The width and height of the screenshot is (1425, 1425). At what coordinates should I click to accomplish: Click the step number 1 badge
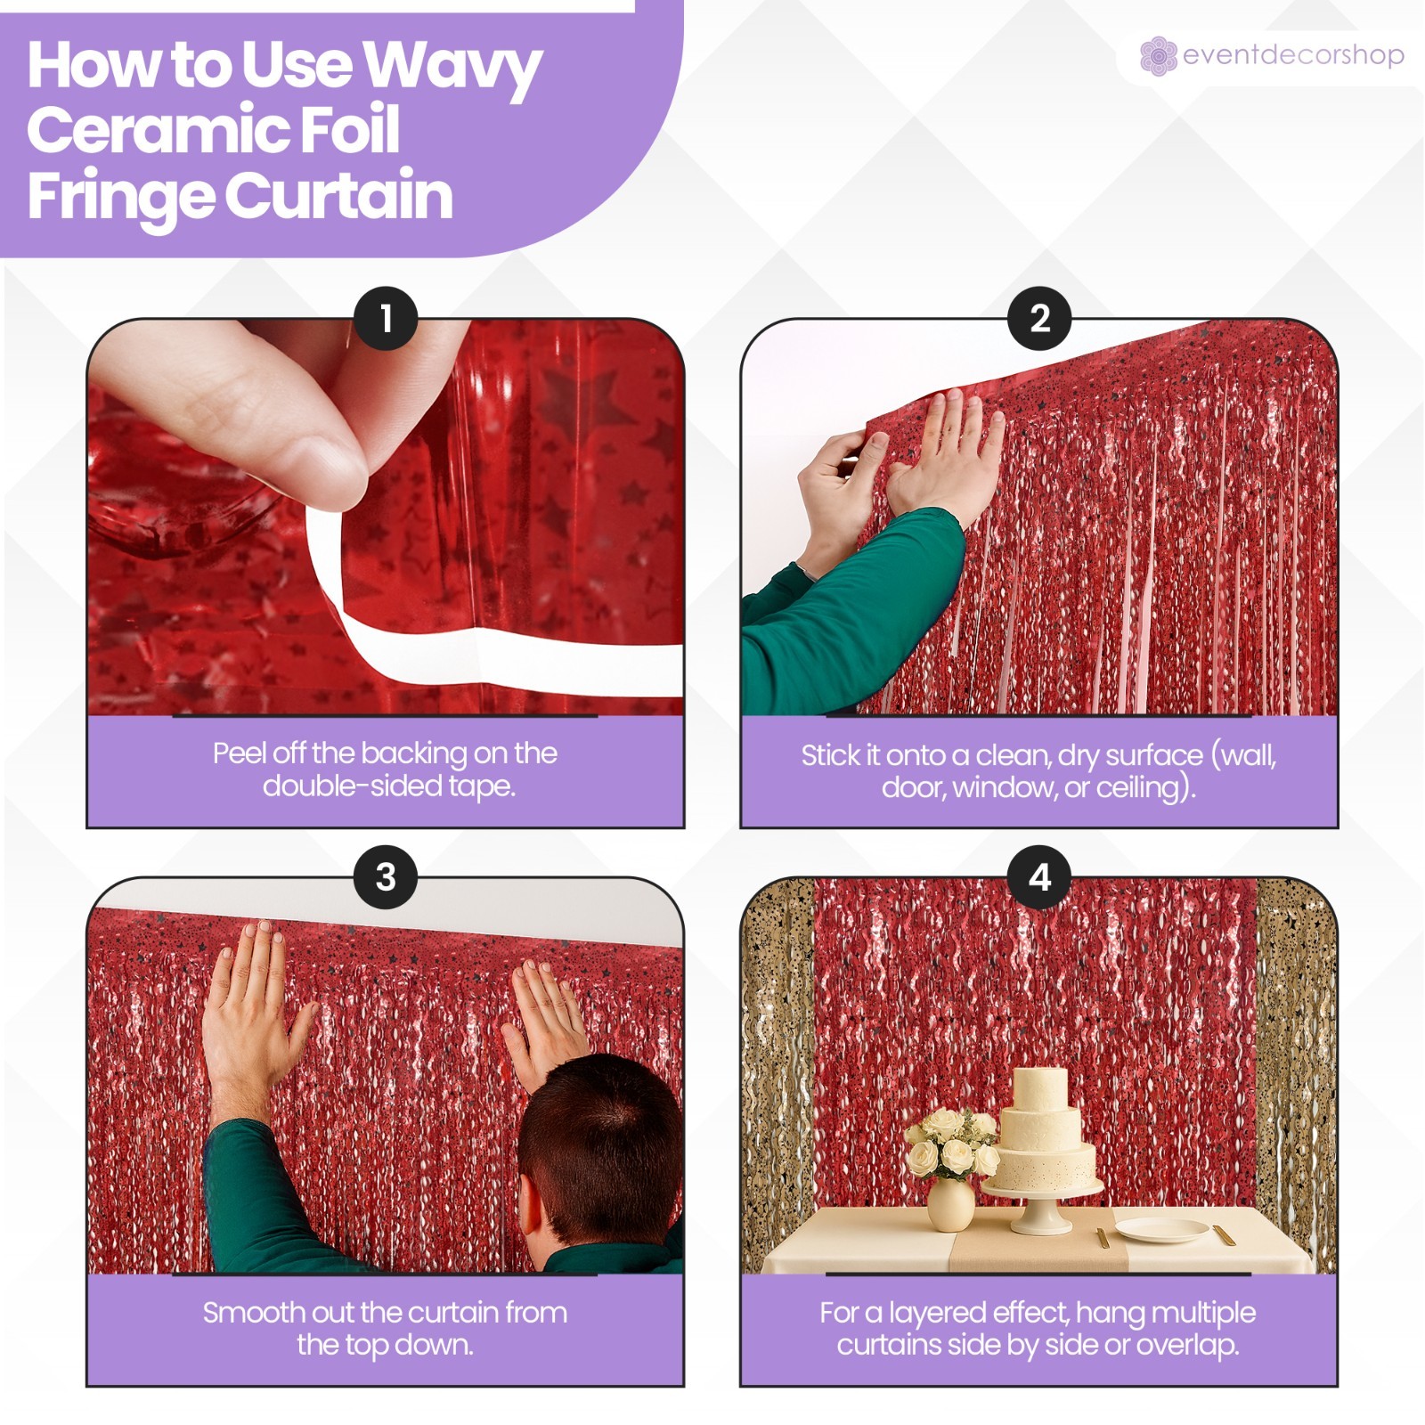click(386, 318)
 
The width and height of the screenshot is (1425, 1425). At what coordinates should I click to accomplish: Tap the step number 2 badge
click(1039, 318)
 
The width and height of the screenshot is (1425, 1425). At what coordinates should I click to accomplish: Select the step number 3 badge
click(386, 876)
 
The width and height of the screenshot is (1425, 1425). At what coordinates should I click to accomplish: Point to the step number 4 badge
click(1039, 876)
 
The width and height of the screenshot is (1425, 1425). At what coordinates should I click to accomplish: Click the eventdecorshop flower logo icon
click(1158, 56)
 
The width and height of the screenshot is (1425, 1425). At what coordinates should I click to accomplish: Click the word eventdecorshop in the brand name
click(1293, 55)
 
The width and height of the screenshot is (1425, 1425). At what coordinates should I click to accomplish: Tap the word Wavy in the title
click(452, 68)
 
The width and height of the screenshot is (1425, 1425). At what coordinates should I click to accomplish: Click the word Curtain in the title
click(338, 195)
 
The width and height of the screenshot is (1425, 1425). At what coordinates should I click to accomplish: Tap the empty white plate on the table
click(1161, 1230)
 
